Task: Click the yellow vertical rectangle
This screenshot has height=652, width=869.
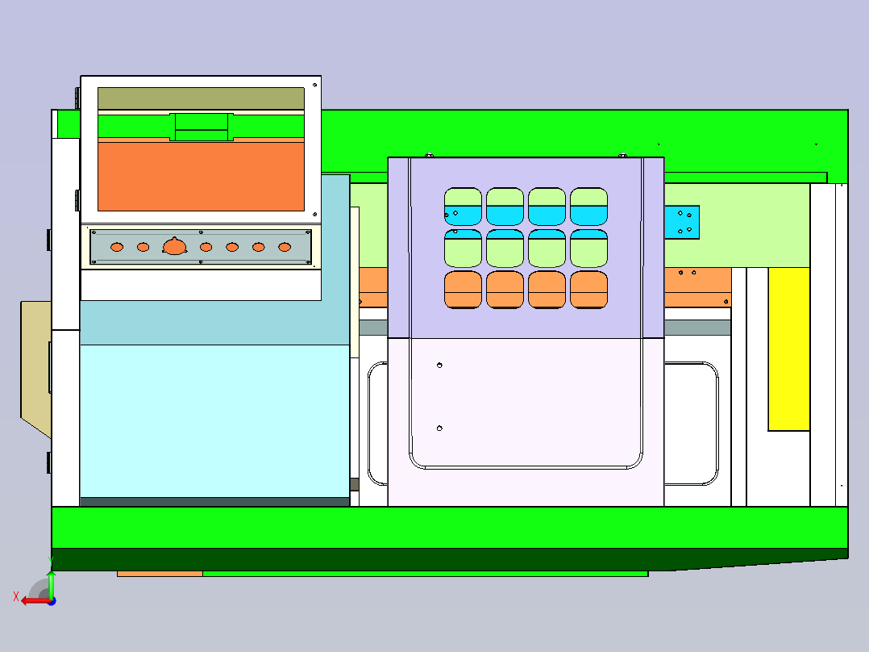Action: (x=788, y=349)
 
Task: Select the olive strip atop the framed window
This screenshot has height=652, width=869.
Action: (x=202, y=98)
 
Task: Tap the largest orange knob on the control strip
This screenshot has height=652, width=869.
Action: (x=175, y=246)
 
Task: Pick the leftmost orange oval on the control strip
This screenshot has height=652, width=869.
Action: (x=117, y=247)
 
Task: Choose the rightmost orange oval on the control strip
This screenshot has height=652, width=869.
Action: (x=285, y=247)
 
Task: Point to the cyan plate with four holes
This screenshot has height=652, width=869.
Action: (x=682, y=223)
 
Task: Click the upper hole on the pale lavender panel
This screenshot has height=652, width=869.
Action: (x=439, y=365)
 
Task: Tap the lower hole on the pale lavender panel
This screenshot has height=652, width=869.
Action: (x=439, y=428)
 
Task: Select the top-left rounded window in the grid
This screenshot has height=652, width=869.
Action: (x=463, y=207)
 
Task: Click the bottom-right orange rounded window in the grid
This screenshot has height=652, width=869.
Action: (x=588, y=290)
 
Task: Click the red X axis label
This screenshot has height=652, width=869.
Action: (x=16, y=597)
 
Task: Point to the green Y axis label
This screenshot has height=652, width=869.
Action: (x=51, y=561)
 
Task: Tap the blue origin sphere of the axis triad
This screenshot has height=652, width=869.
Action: (x=52, y=601)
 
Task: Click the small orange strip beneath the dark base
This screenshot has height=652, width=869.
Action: (x=160, y=574)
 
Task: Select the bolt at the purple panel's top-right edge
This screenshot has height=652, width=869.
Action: (x=622, y=156)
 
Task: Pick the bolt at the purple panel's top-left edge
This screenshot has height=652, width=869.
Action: (x=429, y=156)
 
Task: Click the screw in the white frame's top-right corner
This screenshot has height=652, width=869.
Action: (x=314, y=85)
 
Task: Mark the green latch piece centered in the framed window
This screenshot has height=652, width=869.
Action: (x=202, y=127)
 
